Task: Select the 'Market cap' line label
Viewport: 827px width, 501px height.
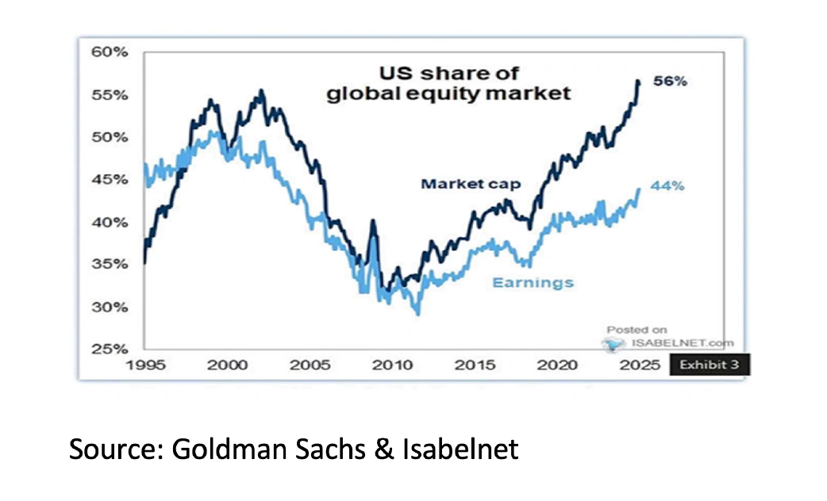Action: point(471,184)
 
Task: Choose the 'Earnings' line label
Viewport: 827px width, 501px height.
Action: point(533,282)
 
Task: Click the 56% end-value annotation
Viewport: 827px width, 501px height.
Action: point(669,81)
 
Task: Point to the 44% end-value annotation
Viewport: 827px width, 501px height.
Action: point(667,186)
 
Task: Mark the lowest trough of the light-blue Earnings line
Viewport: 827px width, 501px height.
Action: point(418,315)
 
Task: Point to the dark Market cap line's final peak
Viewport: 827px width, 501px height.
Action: point(637,81)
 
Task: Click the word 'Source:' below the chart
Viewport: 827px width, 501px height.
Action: point(114,449)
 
